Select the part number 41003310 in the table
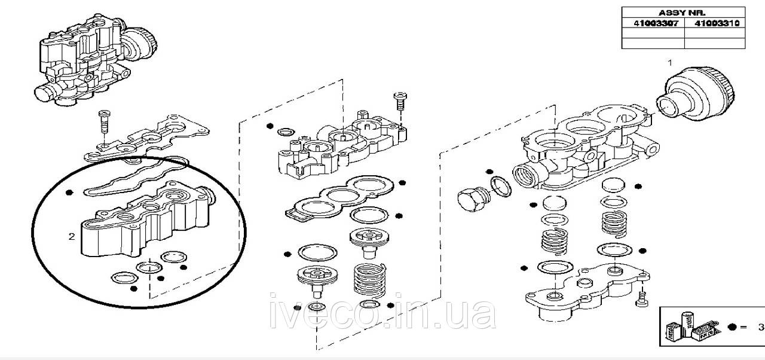(717, 23)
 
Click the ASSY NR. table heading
(682, 13)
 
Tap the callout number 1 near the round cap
(670, 63)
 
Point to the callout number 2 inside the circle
(71, 236)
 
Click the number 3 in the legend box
(761, 327)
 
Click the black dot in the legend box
(732, 327)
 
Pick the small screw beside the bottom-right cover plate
(641, 298)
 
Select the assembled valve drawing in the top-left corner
(96, 60)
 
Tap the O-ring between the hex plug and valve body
(501, 187)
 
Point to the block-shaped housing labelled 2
(146, 221)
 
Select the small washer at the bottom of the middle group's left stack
(317, 306)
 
